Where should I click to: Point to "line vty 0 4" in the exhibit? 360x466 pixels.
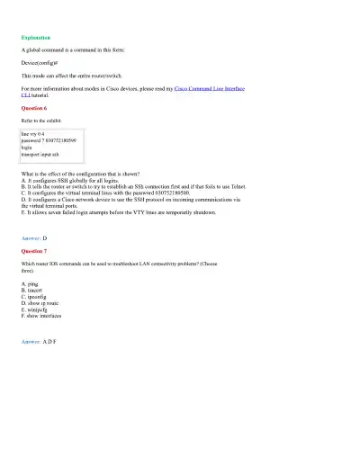34,134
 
